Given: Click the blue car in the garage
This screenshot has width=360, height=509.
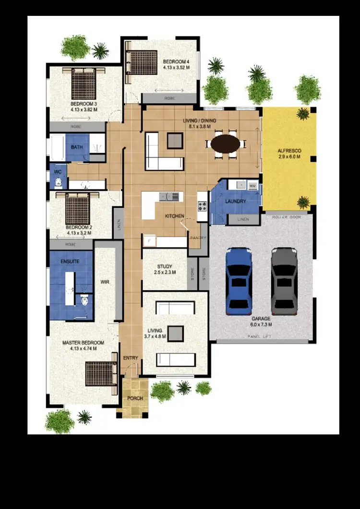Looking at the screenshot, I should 239,280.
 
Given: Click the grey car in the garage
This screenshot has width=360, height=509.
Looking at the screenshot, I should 284,280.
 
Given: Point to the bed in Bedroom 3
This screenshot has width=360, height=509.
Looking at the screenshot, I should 84,84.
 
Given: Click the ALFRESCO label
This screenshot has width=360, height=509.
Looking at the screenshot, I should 288,150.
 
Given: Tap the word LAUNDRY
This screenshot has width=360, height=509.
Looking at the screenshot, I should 236,201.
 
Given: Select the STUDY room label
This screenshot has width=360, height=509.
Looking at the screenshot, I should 165,267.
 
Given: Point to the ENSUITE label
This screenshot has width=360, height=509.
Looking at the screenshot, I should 70,261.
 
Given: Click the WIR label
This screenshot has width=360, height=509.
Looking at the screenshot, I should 105,282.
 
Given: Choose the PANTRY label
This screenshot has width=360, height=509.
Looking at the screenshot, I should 198,238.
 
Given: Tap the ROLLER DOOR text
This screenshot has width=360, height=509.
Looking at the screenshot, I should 286,217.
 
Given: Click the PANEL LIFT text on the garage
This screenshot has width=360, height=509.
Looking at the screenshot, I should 259,337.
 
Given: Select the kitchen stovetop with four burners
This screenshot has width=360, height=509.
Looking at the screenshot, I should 203,206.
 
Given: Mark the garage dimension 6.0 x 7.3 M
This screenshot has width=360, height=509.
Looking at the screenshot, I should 261,325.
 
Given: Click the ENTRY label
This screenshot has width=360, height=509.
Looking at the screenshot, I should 131,358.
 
